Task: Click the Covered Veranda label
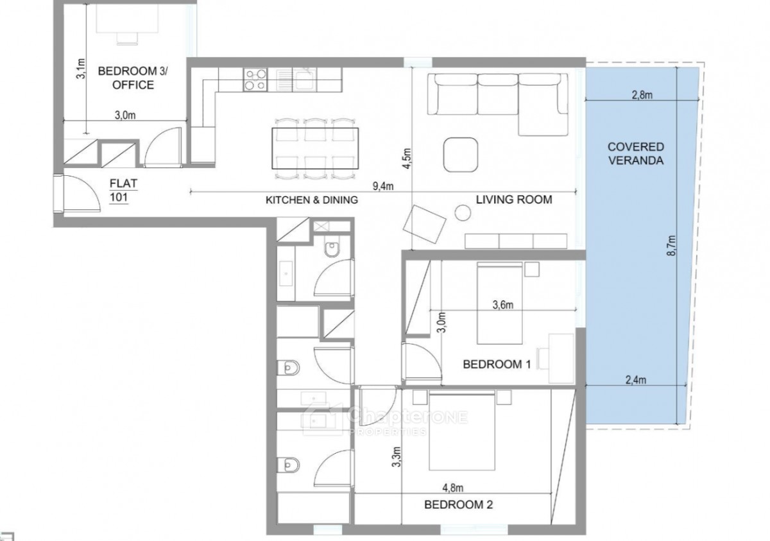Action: tap(636, 153)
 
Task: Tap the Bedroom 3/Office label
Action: tap(133, 78)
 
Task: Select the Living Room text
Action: tap(514, 200)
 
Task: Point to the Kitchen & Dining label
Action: tap(312, 200)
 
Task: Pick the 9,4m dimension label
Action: tap(383, 186)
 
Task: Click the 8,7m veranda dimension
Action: tap(671, 246)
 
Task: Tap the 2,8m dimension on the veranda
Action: tap(642, 95)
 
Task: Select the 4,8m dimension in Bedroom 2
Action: tap(453, 487)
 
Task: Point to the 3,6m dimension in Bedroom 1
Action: tap(502, 305)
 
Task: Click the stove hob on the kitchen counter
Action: tap(255, 80)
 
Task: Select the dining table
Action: tap(315, 148)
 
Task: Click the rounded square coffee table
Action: tap(461, 155)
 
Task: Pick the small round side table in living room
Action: tap(463, 213)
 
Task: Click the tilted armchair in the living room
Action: tap(425, 224)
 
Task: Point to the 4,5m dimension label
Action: tap(407, 159)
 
